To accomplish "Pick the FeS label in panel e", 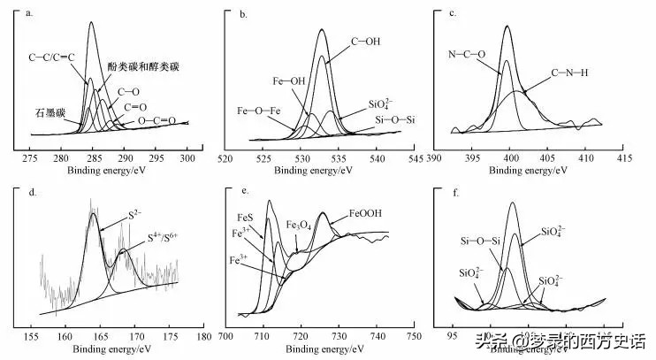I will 245,217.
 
